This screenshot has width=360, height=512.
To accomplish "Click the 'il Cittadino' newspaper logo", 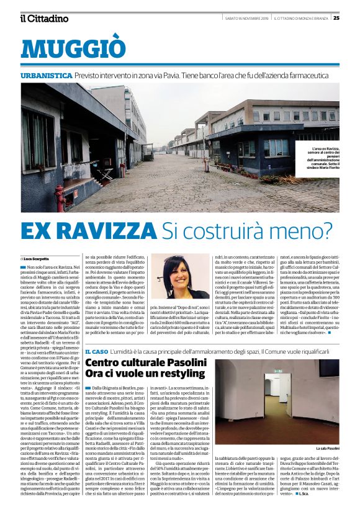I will click(x=44, y=17).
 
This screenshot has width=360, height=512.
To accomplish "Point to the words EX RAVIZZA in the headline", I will click(x=88, y=231).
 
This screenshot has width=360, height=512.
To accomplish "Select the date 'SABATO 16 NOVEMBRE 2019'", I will click(x=246, y=17).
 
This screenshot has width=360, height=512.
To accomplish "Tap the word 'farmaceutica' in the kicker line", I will click(x=317, y=75).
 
